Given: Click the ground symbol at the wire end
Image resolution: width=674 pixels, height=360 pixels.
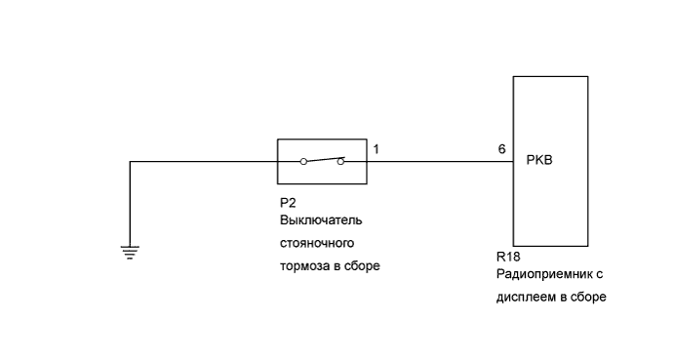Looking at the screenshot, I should (130, 251).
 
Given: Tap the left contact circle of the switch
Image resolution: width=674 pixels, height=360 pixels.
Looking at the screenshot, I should (302, 161).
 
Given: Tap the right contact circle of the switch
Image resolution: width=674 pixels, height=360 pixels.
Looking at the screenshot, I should (340, 161).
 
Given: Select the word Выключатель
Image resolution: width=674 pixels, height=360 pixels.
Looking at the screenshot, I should (320, 221).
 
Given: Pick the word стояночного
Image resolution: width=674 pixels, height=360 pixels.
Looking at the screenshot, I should (315, 244).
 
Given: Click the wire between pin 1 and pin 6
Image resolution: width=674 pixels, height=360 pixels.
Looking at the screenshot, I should (439, 161).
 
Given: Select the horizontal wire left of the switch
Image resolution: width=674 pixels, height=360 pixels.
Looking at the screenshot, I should (205, 161).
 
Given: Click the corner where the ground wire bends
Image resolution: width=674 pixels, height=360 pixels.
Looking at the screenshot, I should (130, 161).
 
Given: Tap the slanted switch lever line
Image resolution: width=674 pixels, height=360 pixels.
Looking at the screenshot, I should (322, 158).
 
